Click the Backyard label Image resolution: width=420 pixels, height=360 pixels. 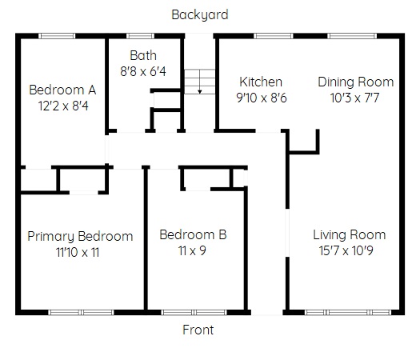tap(200, 15)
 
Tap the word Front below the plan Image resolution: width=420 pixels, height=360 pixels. tap(198, 330)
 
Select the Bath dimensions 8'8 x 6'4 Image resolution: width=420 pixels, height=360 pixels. tap(143, 71)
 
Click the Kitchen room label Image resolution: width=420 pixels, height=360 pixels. tap(261, 82)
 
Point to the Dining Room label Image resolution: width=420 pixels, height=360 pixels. tap(356, 82)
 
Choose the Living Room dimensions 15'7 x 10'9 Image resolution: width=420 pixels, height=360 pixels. tap(346, 250)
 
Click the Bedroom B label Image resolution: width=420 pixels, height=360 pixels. tap(193, 235)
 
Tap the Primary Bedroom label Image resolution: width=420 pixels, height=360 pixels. tap(80, 237)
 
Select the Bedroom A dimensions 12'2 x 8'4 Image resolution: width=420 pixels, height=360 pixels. tap(63, 106)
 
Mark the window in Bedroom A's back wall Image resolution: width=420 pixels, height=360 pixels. tap(57, 36)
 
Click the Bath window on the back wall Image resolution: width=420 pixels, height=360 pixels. tap(140, 36)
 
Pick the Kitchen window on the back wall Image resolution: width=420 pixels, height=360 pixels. tap(274, 36)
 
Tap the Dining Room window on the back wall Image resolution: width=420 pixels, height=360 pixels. tap(352, 36)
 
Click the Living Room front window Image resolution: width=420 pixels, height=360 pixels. tap(348, 312)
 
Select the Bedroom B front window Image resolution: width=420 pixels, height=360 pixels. tap(194, 312)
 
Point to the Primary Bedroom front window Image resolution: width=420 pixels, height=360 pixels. tap(81, 312)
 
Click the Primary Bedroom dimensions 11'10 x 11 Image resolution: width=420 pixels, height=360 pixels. tap(78, 252)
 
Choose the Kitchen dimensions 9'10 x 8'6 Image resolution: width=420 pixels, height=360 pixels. tap(262, 98)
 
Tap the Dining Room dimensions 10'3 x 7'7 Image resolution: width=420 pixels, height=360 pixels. tap(354, 98)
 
